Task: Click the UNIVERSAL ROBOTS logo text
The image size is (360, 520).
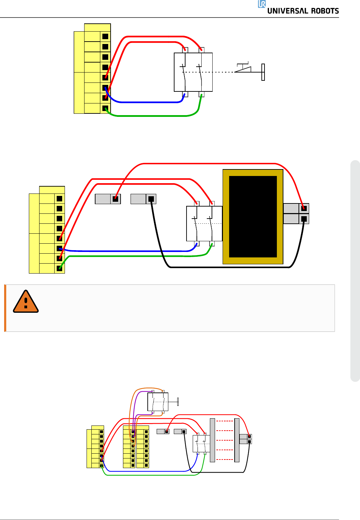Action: [303, 11]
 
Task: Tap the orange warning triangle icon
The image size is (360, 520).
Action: [26, 302]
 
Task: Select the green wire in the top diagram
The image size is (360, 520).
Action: [151, 116]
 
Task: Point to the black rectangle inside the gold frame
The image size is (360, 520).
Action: [253, 217]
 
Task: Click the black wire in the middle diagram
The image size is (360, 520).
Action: [227, 267]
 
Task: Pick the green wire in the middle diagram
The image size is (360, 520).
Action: [137, 256]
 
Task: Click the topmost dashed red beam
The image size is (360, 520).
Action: [225, 421]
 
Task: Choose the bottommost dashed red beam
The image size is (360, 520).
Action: [225, 460]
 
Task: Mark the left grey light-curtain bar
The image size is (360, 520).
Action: [212, 440]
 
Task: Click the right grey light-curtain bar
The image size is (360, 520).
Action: [237, 440]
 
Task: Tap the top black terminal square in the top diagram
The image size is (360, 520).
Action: [105, 36]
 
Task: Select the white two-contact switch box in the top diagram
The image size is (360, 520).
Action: [193, 72]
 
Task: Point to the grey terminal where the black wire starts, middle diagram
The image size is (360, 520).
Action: [151, 199]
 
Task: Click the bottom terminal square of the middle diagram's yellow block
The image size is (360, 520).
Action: [59, 268]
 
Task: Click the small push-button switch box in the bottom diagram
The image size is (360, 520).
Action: [158, 402]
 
